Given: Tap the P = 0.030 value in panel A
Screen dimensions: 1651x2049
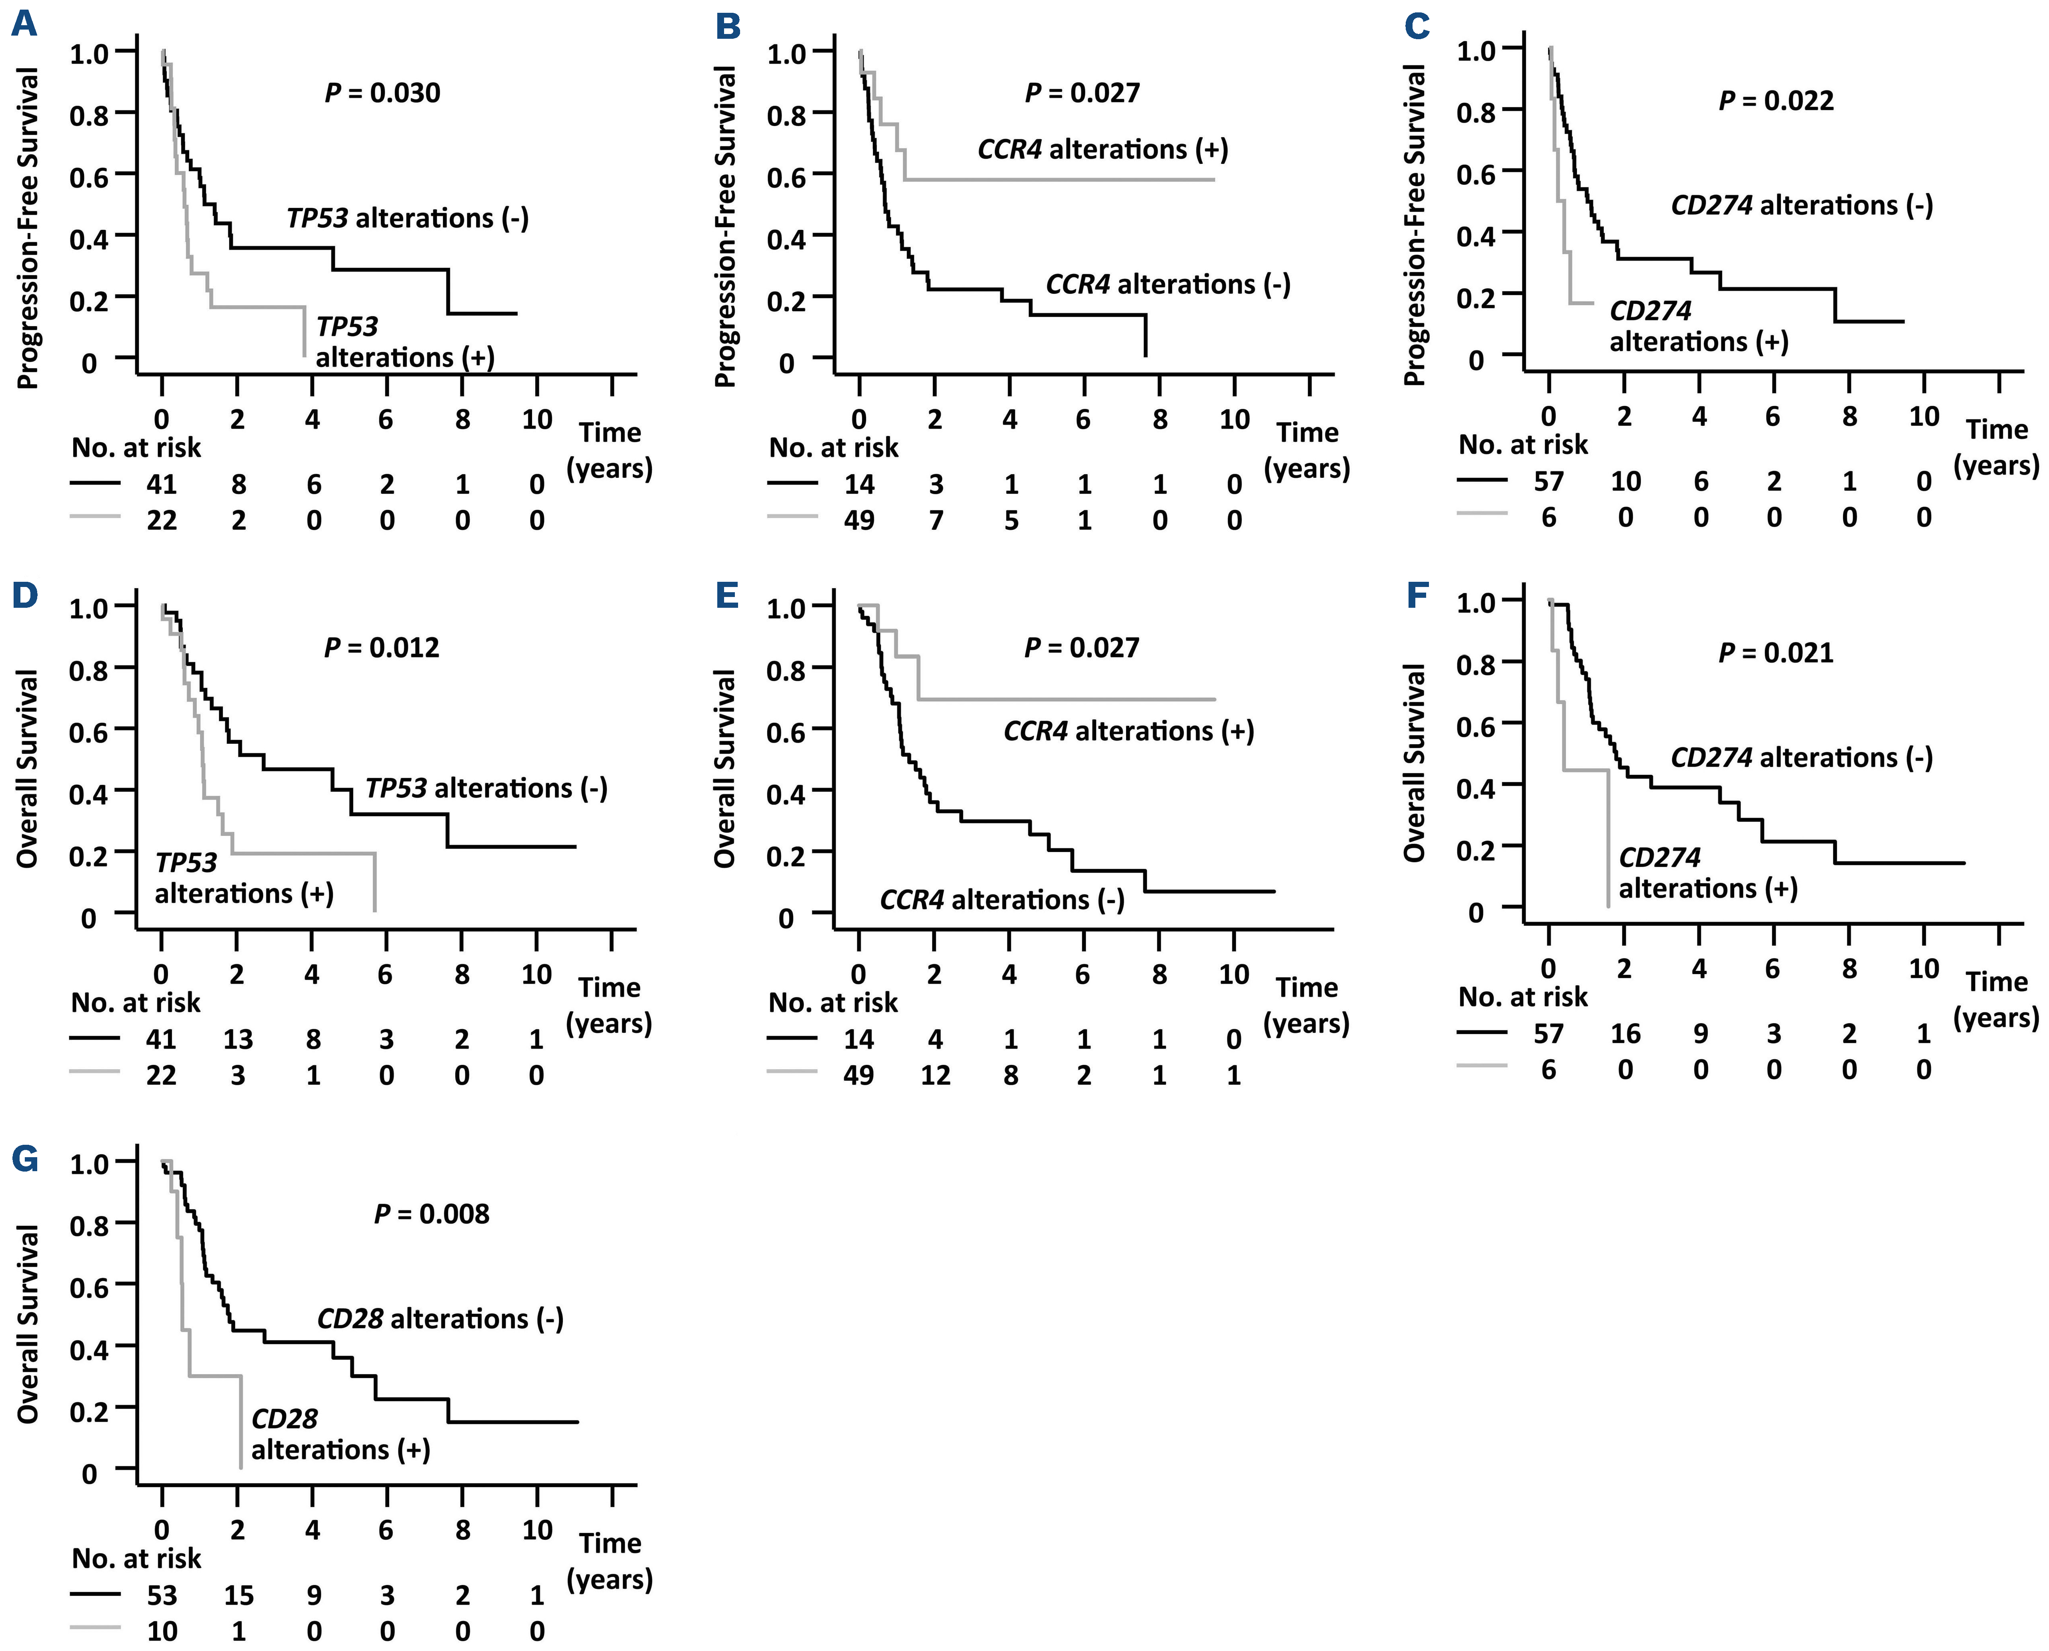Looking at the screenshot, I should pos(382,93).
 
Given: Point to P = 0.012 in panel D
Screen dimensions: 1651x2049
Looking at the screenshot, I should pos(382,648).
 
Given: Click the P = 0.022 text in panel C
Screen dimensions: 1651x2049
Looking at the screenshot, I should pos(1776,101).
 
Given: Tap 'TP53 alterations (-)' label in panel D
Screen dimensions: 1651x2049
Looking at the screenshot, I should pos(486,789).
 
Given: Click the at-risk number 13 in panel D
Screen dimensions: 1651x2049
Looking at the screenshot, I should pos(238,1040).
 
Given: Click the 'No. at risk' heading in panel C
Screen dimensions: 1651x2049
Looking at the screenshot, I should pos(1523,445).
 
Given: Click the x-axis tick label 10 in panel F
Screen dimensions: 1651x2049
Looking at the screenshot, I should pos(1923,969).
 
